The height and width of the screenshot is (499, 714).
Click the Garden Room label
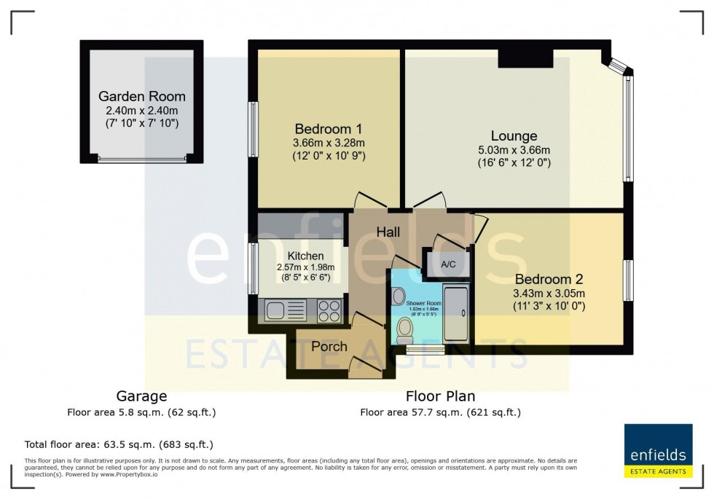141,96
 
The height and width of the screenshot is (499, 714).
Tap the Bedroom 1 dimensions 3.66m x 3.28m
329,143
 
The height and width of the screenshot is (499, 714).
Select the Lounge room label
514,135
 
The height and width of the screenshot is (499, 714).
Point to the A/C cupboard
447,264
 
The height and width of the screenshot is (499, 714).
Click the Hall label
388,232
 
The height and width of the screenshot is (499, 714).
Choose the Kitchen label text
305,256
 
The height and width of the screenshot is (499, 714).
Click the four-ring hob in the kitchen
329,311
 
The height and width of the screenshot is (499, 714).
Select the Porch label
329,346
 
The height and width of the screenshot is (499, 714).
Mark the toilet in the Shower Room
405,331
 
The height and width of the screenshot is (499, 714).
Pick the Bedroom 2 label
549,279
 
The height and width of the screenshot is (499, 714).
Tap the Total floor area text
118,444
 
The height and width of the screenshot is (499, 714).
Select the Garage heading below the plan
141,396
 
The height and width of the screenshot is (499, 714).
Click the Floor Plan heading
440,396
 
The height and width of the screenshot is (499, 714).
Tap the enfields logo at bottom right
658,450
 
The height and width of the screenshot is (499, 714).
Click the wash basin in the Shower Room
398,296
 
